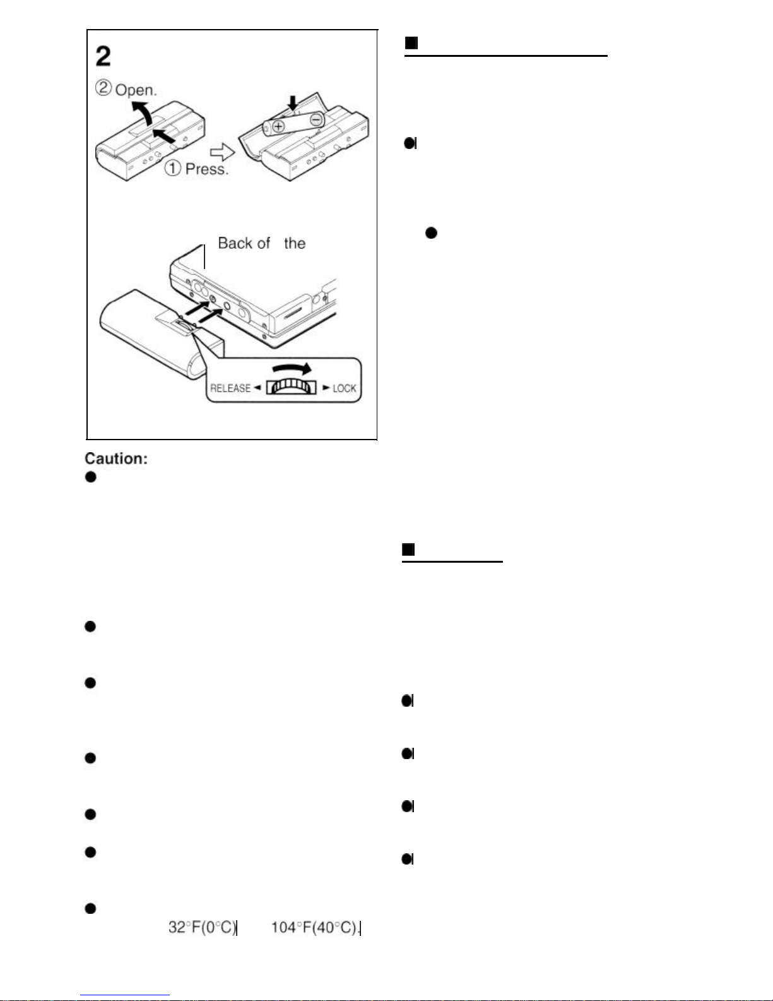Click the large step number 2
click(x=103, y=56)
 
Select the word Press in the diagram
click(x=206, y=169)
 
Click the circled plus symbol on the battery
click(x=278, y=126)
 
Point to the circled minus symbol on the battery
click(x=317, y=119)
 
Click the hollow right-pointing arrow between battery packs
click(x=221, y=152)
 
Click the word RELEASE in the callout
click(x=230, y=388)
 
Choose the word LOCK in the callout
click(x=345, y=388)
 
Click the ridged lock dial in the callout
click(x=291, y=387)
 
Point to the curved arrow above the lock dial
click(x=292, y=368)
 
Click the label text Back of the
click(x=261, y=244)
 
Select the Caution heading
click(x=116, y=459)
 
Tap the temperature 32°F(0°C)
click(x=202, y=927)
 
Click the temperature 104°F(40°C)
click(x=314, y=927)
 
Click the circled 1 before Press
click(x=172, y=169)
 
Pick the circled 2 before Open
click(x=103, y=87)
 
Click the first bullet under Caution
click(x=90, y=477)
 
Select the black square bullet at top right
click(x=411, y=43)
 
